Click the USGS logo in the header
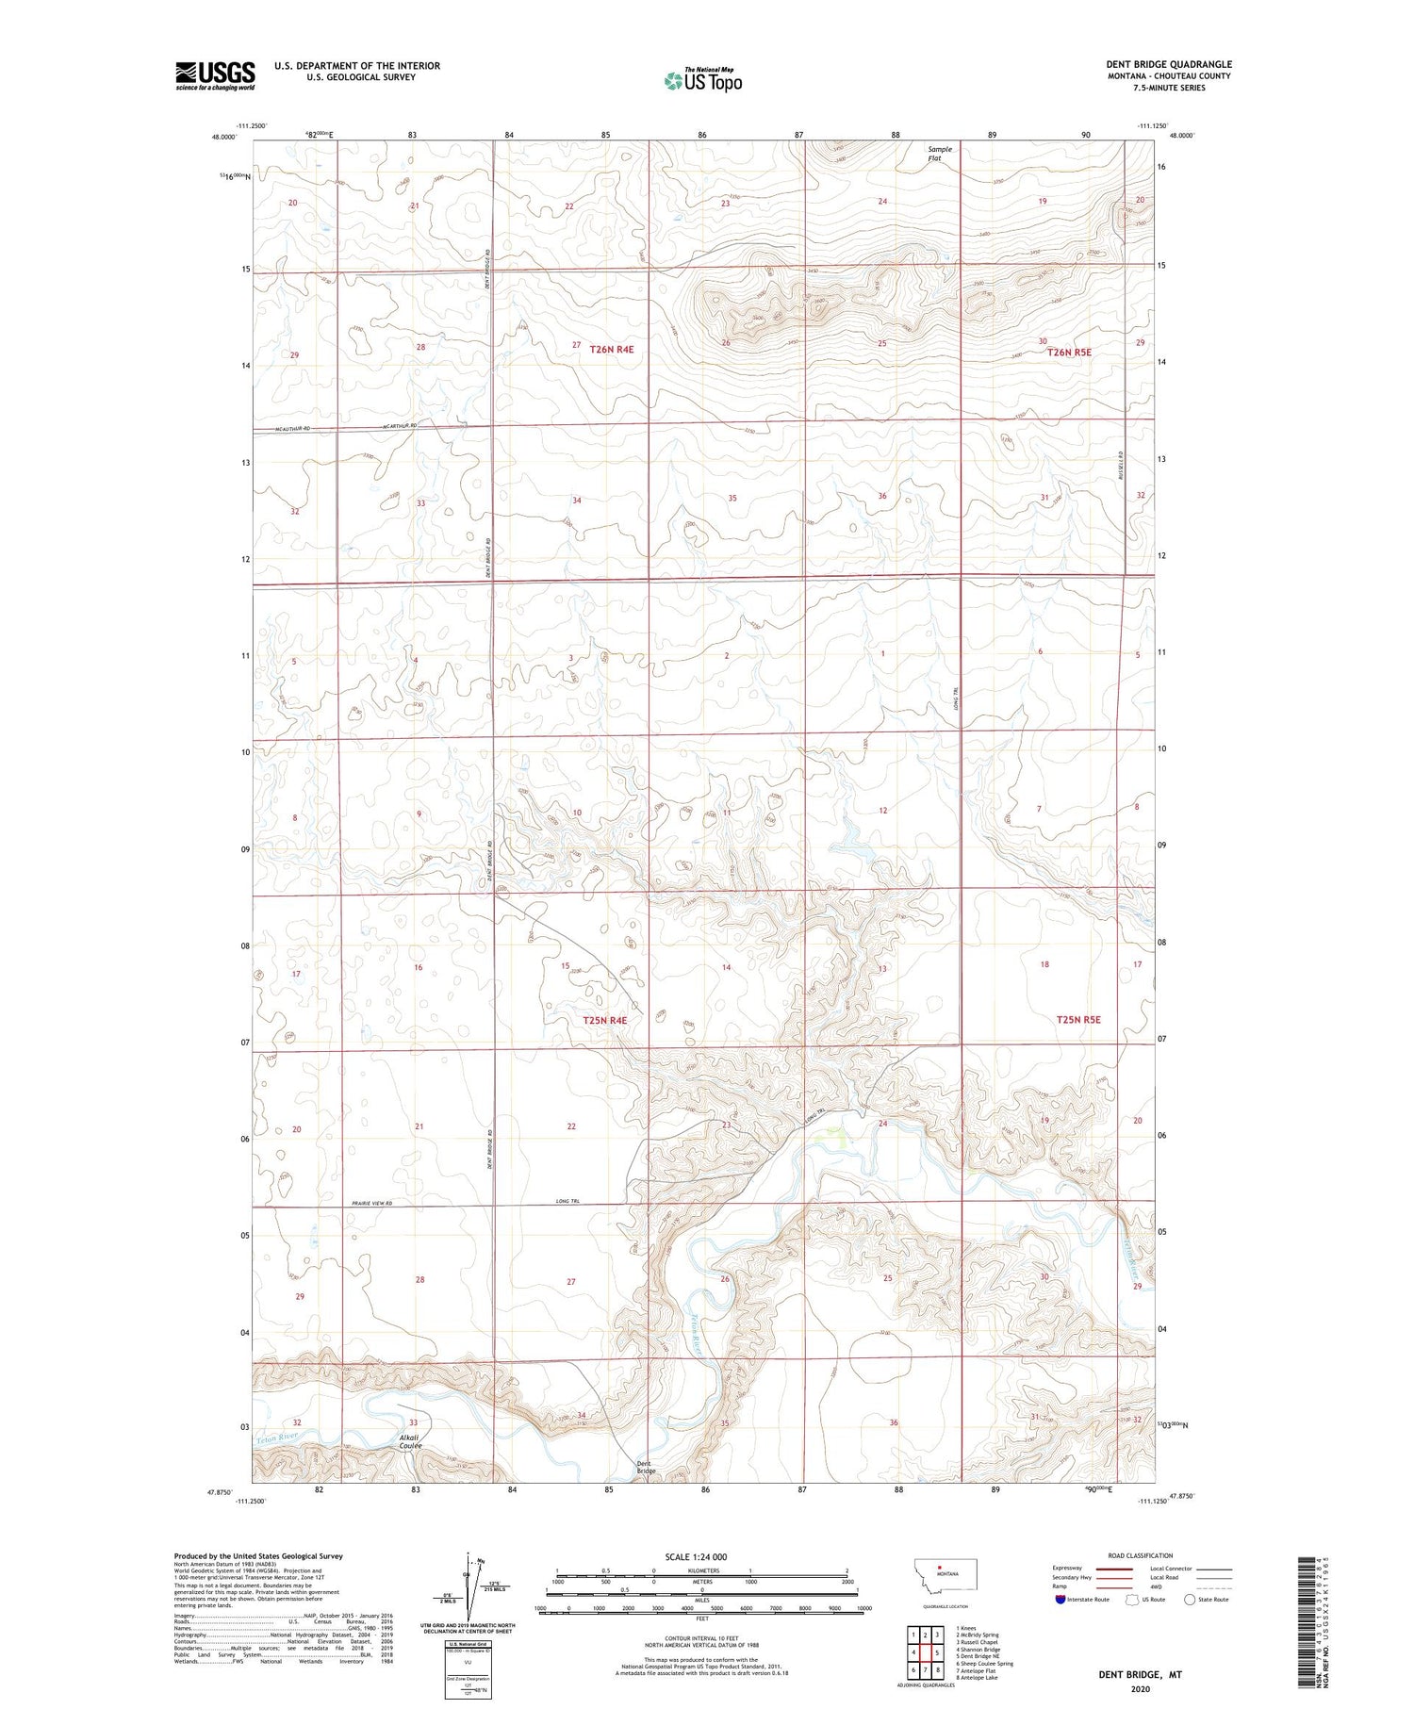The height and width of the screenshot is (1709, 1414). tap(215, 75)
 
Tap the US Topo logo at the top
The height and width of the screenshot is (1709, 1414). tap(703, 81)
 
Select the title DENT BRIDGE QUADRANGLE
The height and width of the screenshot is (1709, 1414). tap(1169, 64)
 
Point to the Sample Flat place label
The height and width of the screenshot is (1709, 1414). tap(940, 154)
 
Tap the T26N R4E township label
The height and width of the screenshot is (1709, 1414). tap(612, 349)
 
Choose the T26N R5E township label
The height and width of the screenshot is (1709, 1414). tap(1068, 352)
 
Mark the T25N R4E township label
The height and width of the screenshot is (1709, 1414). tap(604, 1020)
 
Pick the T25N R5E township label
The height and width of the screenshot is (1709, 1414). tap(1078, 1019)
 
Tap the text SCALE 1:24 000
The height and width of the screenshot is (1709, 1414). tap(696, 1556)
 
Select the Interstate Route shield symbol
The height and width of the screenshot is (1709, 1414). tap(1060, 1600)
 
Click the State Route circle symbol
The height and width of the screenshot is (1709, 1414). tap(1190, 1600)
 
